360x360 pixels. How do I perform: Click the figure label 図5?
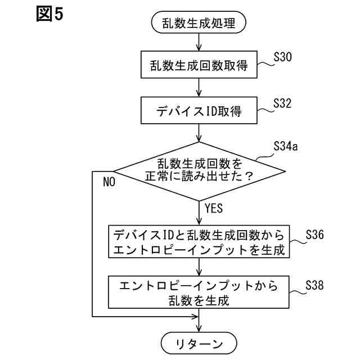pyautogui.click(x=49, y=14)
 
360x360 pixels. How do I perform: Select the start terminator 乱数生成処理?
pyautogui.click(x=199, y=23)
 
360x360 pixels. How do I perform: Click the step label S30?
pyautogui.click(x=282, y=57)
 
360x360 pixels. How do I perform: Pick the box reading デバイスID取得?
pyautogui.click(x=199, y=111)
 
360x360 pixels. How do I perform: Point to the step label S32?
pyautogui.click(x=282, y=103)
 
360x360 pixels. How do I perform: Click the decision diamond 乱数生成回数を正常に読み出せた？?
pyautogui.click(x=199, y=170)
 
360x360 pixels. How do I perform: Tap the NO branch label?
pyautogui.click(x=109, y=182)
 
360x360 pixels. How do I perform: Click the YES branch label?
pyautogui.click(x=214, y=208)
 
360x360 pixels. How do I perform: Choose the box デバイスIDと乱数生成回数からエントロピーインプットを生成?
pyautogui.click(x=199, y=241)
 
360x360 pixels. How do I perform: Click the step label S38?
pyautogui.click(x=314, y=285)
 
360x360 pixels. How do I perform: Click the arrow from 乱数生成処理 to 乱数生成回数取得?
pyautogui.click(x=199, y=42)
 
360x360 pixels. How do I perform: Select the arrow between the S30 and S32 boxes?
pyautogui.click(x=199, y=87)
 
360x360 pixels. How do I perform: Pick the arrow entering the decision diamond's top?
pyautogui.click(x=199, y=133)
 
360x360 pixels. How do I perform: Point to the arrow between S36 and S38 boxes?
pyautogui.click(x=199, y=267)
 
